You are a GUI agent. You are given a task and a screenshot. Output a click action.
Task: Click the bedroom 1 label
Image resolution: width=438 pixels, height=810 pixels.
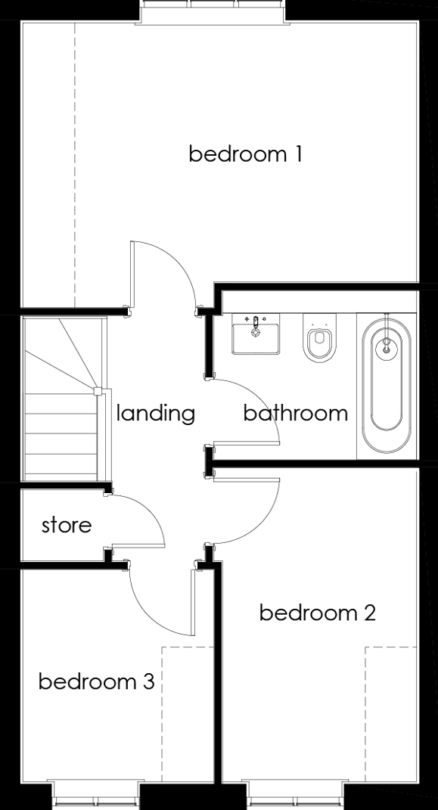pos(245,154)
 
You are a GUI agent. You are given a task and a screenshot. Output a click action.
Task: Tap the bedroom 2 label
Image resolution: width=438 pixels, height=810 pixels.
pos(317,613)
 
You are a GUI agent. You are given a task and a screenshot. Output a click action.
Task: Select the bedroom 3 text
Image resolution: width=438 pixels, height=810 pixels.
pos(97,681)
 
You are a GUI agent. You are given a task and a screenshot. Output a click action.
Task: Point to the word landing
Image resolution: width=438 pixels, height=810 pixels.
pos(156,413)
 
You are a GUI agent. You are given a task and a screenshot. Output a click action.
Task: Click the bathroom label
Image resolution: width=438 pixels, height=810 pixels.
pos(296,413)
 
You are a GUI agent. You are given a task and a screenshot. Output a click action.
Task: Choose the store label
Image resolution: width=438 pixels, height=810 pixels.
pos(67,526)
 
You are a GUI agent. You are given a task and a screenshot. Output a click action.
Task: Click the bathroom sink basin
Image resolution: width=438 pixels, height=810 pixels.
pos(256,334)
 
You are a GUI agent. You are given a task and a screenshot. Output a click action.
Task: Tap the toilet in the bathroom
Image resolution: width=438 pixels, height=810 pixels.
pos(320,337)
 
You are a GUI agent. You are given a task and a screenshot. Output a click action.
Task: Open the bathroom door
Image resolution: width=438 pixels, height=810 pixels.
pos(246,442)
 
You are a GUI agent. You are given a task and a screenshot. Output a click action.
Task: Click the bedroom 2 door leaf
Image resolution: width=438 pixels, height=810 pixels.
pos(246,479)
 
